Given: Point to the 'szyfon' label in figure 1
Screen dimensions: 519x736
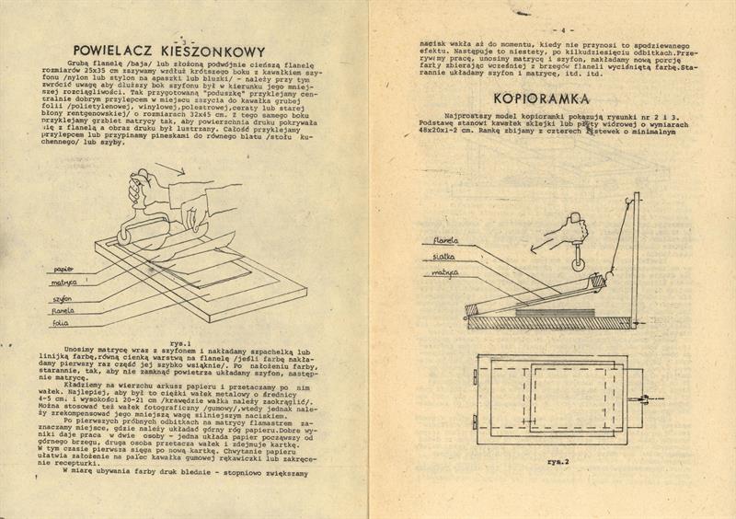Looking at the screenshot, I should point(63,298).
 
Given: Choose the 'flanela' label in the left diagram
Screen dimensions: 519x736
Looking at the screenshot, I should point(63,311).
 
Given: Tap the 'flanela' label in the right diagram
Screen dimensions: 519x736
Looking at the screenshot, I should point(435,242).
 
